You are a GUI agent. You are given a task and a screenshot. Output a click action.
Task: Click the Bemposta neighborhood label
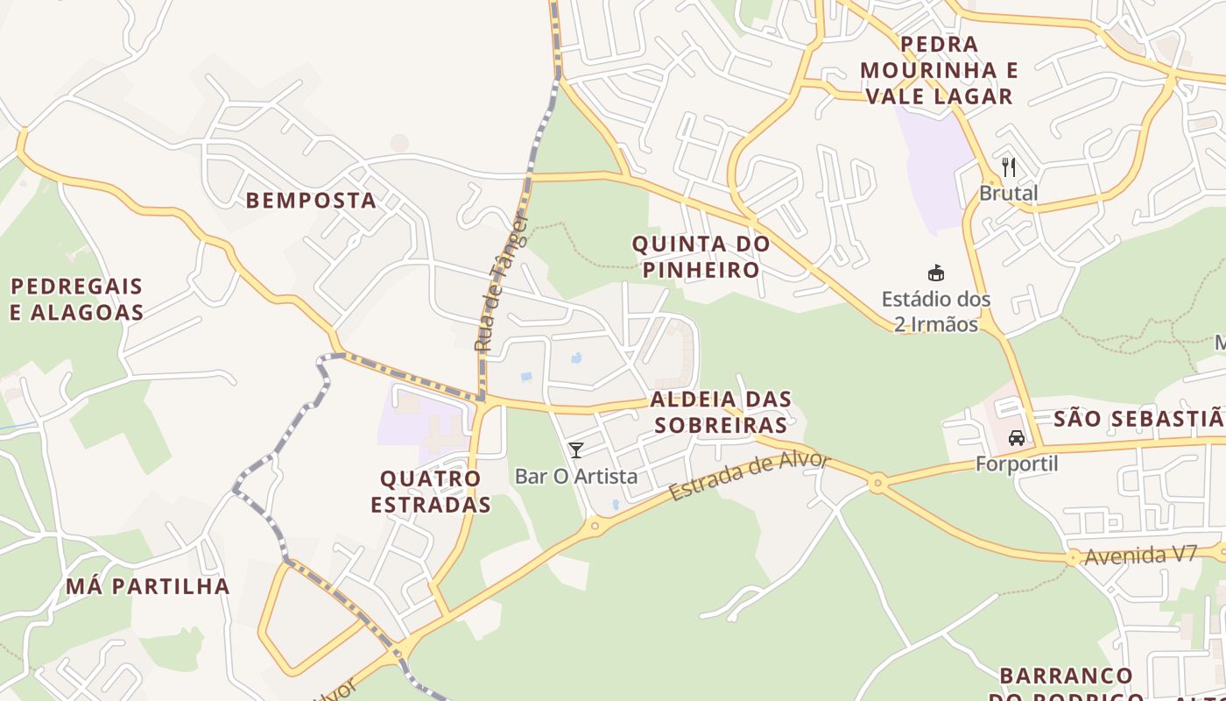(311, 201)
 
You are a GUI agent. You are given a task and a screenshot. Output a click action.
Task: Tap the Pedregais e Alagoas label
(77, 299)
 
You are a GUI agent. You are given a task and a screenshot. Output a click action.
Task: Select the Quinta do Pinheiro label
(701, 257)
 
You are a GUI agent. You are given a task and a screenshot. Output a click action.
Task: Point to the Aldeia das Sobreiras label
(721, 412)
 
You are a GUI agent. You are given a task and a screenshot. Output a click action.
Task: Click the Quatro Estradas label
(430, 492)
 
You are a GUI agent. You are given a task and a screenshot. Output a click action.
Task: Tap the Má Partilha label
(148, 586)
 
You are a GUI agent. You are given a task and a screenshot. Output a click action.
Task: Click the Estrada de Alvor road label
(749, 476)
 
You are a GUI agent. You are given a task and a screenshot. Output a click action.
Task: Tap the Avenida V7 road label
(1140, 556)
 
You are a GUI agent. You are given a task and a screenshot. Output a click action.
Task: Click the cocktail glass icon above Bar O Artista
(576, 450)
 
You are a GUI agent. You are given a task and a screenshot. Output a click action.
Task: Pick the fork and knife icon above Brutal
(1009, 166)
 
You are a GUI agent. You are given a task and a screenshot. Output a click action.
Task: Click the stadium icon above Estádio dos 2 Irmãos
(936, 273)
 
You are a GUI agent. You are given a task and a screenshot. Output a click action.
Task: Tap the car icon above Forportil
(1017, 437)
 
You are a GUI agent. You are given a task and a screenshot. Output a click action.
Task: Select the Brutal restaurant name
(1009, 193)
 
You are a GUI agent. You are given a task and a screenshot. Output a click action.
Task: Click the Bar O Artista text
(576, 477)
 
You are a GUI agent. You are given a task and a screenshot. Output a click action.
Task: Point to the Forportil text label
(1017, 464)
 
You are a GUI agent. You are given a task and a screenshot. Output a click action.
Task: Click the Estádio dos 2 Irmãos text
(936, 311)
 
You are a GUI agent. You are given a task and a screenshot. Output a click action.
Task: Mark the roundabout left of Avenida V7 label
(1073, 557)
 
